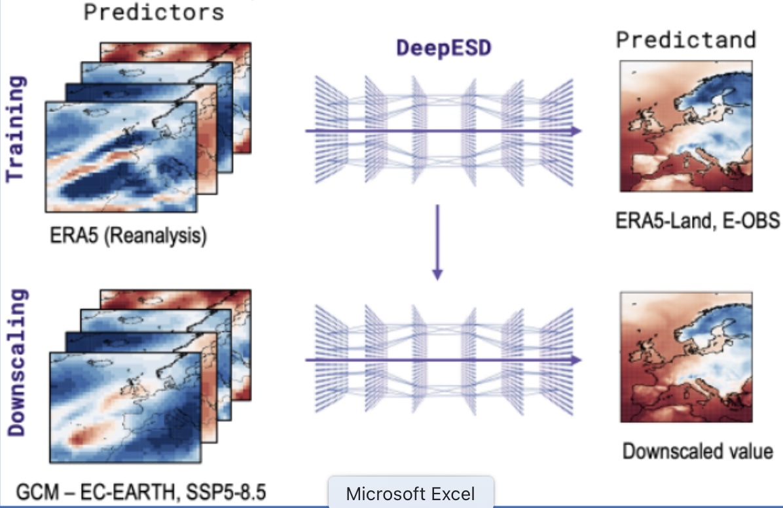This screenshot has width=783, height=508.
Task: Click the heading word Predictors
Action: [154, 11]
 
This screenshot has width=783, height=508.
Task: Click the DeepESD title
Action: [443, 48]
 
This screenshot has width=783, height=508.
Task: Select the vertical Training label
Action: [17, 128]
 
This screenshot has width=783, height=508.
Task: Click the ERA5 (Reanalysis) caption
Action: [128, 235]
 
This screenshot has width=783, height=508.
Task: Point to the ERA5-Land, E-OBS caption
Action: [697, 221]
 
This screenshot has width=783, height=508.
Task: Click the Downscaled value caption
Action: [697, 451]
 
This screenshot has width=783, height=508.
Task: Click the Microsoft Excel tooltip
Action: [410, 493]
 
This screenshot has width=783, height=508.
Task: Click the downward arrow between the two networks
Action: [438, 242]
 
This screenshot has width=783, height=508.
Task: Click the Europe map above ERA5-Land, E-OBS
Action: [685, 126]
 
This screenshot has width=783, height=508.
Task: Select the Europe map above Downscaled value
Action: [685, 357]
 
